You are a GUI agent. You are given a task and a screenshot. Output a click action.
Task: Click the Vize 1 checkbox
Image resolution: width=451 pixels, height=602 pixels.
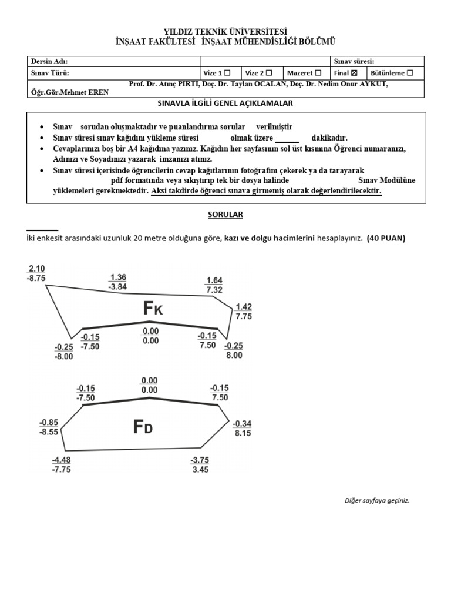[x=227, y=73]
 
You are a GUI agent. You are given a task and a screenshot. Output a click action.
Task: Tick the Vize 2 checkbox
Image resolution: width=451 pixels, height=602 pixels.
[x=269, y=73]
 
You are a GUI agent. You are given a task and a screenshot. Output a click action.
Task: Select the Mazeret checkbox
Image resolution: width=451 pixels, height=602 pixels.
[x=318, y=73]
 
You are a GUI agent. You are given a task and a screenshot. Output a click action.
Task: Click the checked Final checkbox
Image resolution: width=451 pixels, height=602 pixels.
[x=354, y=73]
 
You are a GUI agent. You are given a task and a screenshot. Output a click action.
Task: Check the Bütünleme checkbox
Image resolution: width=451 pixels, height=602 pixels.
[x=410, y=73]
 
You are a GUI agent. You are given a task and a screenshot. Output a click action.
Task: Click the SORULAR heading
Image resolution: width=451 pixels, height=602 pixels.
[x=225, y=215]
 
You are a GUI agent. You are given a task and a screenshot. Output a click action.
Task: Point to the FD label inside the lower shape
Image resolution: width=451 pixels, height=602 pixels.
[x=143, y=427]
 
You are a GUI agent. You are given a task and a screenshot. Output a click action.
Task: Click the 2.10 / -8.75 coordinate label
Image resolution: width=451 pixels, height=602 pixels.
[x=36, y=274]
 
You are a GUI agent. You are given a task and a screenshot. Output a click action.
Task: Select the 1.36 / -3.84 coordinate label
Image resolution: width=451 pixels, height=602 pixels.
[x=117, y=282]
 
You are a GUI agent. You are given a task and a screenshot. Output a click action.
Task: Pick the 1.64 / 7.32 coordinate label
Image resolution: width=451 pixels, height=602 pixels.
[x=214, y=285]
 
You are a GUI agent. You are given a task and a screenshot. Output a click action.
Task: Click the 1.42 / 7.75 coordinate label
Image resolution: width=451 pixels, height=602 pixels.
[x=243, y=311]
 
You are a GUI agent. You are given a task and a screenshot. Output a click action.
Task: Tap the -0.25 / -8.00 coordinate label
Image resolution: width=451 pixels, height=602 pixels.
[x=64, y=352]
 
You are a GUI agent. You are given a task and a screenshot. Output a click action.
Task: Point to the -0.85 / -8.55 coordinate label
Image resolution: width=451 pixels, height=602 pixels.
[x=49, y=427]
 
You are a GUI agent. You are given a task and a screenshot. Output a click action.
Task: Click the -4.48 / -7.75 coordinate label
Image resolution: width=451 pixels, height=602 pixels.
[x=61, y=464]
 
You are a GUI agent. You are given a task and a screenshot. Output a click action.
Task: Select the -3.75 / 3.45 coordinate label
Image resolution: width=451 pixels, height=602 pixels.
[x=200, y=464]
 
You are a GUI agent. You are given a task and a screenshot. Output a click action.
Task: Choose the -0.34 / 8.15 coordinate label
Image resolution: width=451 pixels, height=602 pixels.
[x=243, y=428]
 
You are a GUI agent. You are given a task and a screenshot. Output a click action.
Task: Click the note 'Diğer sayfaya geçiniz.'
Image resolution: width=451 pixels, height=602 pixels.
[x=376, y=500]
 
